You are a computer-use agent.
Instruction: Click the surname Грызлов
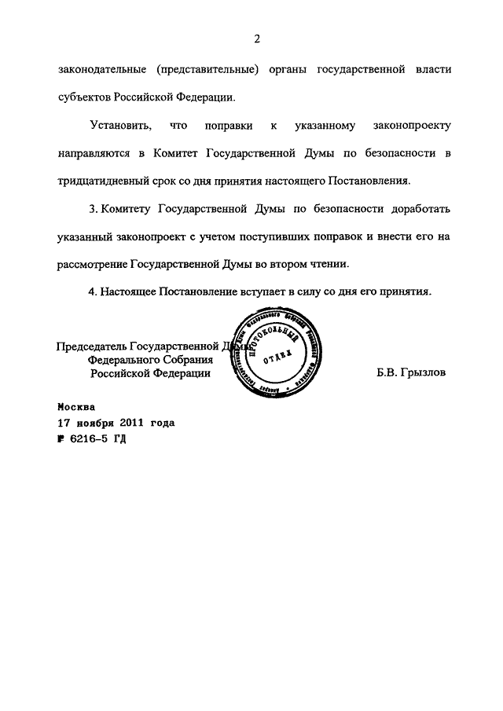(422, 374)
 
